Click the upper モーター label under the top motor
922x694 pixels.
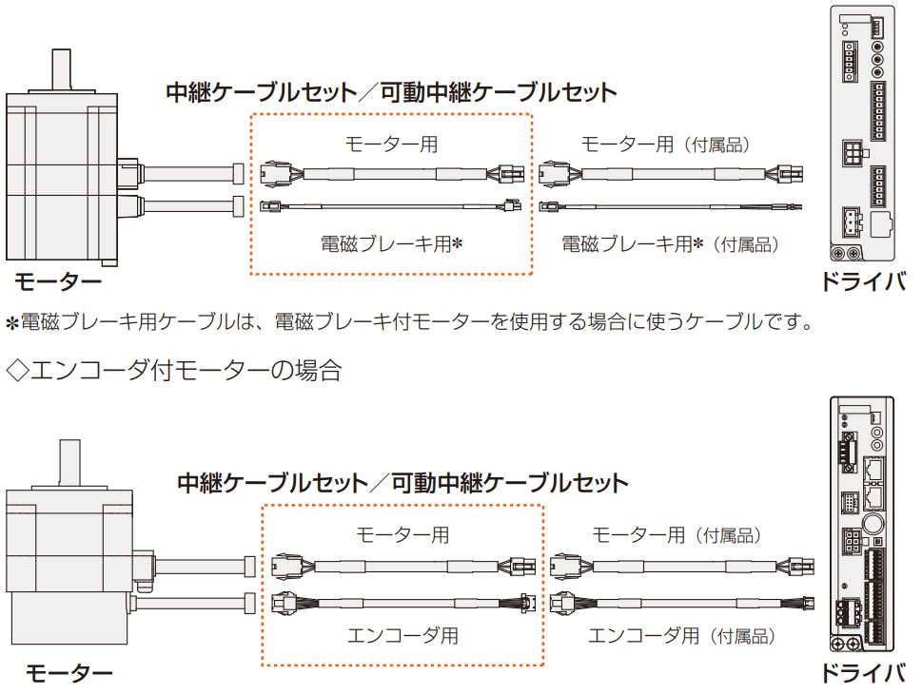[x=57, y=282]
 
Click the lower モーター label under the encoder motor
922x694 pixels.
[x=69, y=673]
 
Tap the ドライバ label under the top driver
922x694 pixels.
[x=863, y=282]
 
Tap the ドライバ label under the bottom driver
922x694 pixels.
[x=863, y=673]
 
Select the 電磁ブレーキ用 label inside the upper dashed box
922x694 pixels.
[x=391, y=244]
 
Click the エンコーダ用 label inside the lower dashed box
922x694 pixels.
[x=402, y=635]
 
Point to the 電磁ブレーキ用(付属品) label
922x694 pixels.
[x=671, y=244]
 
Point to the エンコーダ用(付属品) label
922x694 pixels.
[x=681, y=635]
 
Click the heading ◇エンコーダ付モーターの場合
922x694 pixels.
[x=174, y=370]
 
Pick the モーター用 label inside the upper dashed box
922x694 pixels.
[x=391, y=145]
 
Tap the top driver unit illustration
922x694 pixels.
[x=862, y=133]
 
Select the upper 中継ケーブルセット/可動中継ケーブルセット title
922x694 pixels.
[x=391, y=92]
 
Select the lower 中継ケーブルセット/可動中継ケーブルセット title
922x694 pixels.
[x=402, y=483]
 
